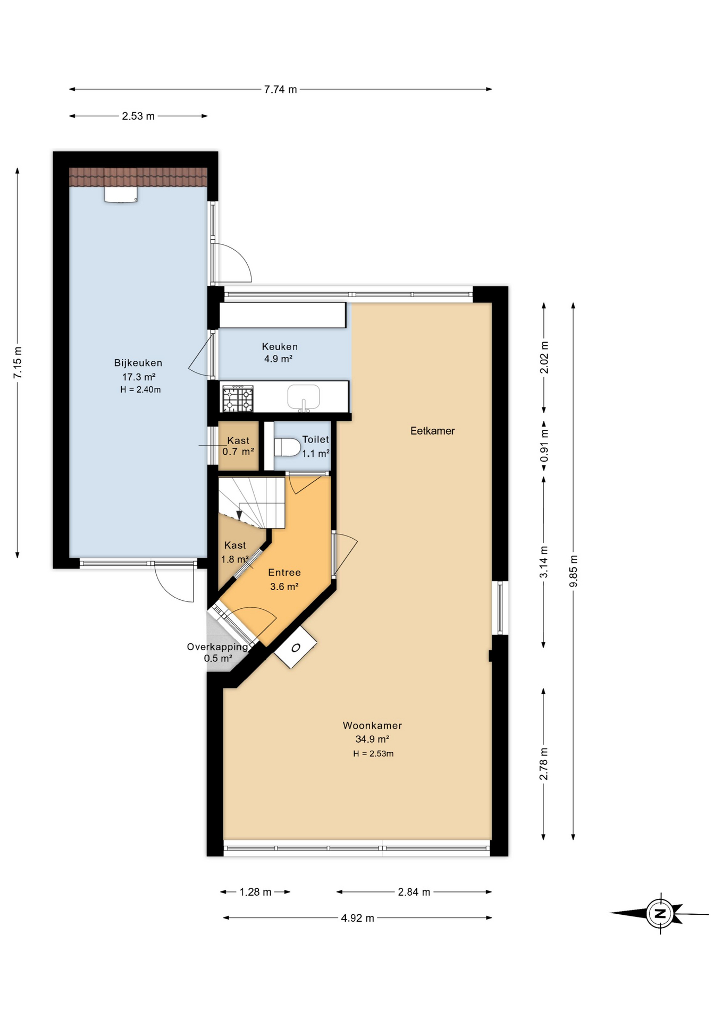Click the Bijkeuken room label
138,363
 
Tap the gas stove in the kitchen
238,398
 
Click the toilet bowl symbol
287,447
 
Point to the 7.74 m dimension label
280,89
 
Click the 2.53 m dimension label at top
138,116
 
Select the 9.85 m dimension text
573,571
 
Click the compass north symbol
660,914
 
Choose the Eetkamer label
432,431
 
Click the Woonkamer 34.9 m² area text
372,739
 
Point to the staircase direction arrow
239,515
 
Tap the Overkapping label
217,647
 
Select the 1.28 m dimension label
255,892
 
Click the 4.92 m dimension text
357,918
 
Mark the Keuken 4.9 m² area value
279,359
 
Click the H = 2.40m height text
140,389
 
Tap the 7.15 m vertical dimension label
18,362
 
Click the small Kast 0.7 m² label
238,446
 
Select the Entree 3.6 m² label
284,579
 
